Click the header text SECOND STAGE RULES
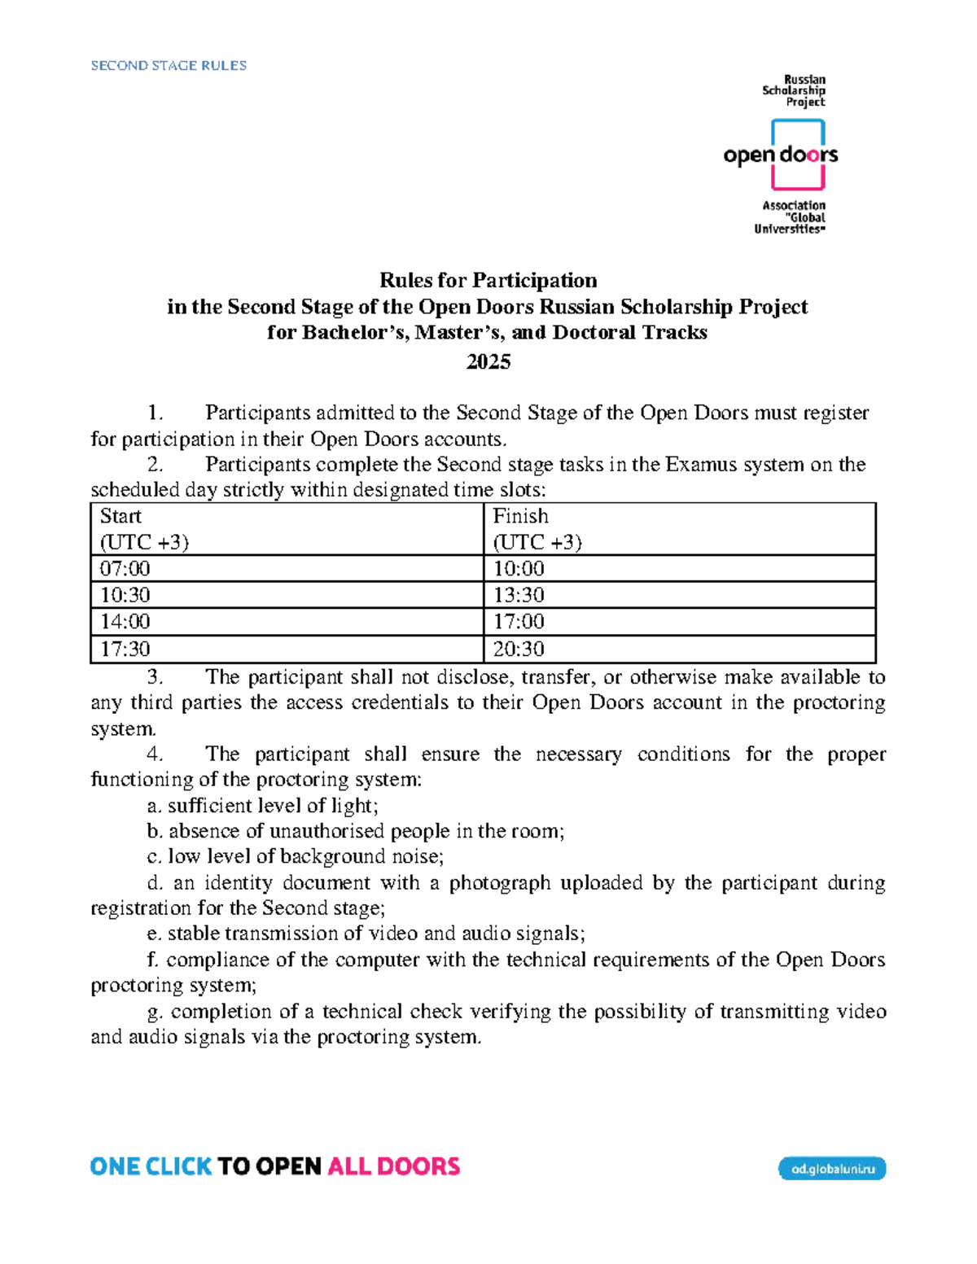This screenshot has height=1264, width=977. tap(169, 65)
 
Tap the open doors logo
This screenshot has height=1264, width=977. tap(780, 155)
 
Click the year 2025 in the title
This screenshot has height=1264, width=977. tap(488, 361)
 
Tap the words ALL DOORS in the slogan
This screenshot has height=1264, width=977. tap(393, 1166)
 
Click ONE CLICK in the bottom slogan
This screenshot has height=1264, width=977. tap(151, 1166)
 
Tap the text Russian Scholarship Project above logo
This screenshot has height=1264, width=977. tap(795, 90)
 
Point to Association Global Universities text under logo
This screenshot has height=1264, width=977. tap(791, 217)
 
